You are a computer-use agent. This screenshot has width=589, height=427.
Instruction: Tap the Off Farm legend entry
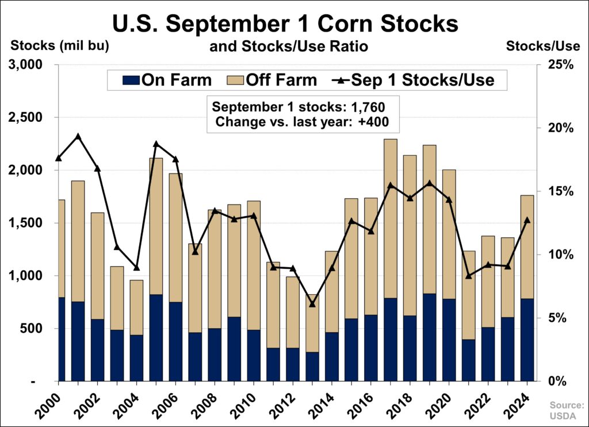click(x=273, y=79)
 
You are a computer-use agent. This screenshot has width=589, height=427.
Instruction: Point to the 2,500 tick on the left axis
click(x=26, y=118)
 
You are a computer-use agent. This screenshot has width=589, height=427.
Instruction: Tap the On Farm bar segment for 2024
click(x=527, y=340)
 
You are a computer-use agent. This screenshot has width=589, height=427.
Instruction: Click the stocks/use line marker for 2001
click(x=78, y=137)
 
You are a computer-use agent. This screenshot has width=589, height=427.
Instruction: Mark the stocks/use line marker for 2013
click(x=312, y=303)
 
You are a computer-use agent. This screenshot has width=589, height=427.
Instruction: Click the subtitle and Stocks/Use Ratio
click(x=288, y=46)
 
